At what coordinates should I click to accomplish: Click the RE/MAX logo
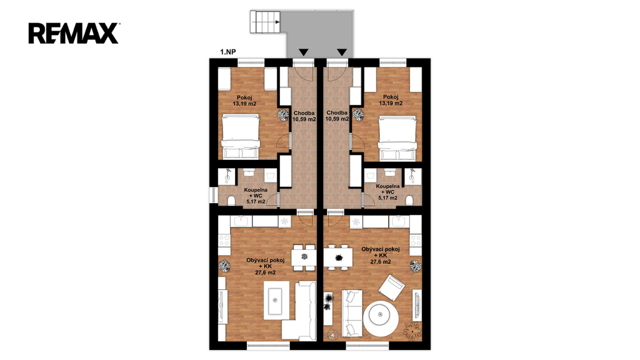click(x=74, y=34)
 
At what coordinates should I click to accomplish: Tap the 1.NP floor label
click(x=227, y=52)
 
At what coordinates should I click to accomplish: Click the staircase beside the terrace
click(x=265, y=22)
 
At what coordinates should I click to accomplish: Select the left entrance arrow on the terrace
click(x=303, y=52)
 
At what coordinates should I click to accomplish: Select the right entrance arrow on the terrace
click(x=342, y=52)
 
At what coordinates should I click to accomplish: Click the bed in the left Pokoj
click(x=241, y=137)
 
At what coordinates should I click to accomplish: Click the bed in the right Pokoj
click(x=397, y=138)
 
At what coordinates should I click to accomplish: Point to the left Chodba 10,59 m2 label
click(x=304, y=116)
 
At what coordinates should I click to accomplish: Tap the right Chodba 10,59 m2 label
click(x=337, y=116)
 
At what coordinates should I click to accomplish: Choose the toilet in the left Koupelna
click(x=231, y=201)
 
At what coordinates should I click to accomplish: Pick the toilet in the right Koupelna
click(x=409, y=201)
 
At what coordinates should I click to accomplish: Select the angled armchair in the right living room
click(x=391, y=287)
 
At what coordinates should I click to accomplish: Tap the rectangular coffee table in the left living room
click(x=276, y=300)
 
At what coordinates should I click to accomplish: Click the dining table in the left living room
click(x=304, y=257)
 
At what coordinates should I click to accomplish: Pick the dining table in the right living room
click(x=338, y=257)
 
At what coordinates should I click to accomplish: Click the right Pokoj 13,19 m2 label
click(x=391, y=101)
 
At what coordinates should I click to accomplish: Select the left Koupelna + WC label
click(x=256, y=196)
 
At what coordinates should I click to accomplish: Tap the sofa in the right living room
click(x=352, y=313)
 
